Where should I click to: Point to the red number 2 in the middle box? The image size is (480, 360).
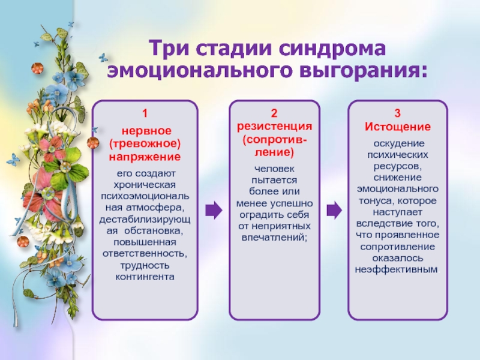click(x=274, y=113)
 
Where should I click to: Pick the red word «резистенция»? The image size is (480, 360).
click(x=274, y=127)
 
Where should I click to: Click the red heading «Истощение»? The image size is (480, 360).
click(x=398, y=127)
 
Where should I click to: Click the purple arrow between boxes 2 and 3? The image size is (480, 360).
click(x=334, y=209)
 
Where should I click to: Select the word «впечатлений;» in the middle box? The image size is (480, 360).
click(x=274, y=237)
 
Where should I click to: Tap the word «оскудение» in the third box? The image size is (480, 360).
click(x=398, y=145)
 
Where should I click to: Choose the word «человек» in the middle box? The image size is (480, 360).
click(x=274, y=169)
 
